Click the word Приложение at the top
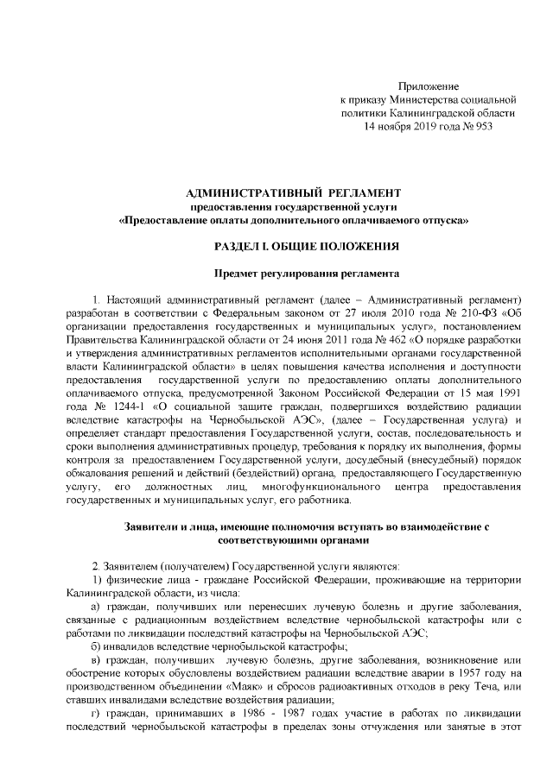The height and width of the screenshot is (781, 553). tap(429, 86)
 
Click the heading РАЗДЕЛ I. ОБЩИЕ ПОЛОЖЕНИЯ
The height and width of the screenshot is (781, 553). tap(294, 246)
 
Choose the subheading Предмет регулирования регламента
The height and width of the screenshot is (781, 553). tap(294, 274)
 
